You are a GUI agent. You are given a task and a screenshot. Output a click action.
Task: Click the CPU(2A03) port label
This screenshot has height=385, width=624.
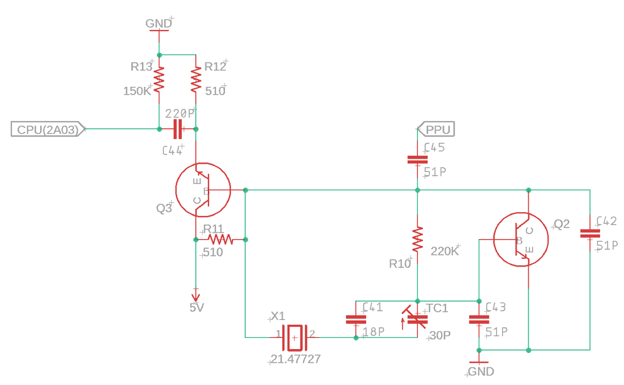(48, 129)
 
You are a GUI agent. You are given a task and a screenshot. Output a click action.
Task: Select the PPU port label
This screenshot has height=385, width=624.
(436, 129)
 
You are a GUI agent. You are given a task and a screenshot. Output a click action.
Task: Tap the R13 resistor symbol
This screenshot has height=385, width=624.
(159, 80)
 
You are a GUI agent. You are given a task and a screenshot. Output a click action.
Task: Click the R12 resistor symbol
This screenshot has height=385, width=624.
(196, 80)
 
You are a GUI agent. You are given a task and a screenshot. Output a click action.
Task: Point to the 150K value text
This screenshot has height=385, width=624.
(137, 91)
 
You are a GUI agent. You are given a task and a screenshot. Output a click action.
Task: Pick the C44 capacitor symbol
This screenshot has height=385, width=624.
(178, 129)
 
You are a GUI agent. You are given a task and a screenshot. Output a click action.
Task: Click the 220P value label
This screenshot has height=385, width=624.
(180, 114)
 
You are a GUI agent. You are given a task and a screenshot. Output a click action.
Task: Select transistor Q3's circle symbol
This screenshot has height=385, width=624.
(203, 190)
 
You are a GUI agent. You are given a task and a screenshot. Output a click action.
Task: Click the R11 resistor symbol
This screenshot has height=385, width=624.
(221, 239)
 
